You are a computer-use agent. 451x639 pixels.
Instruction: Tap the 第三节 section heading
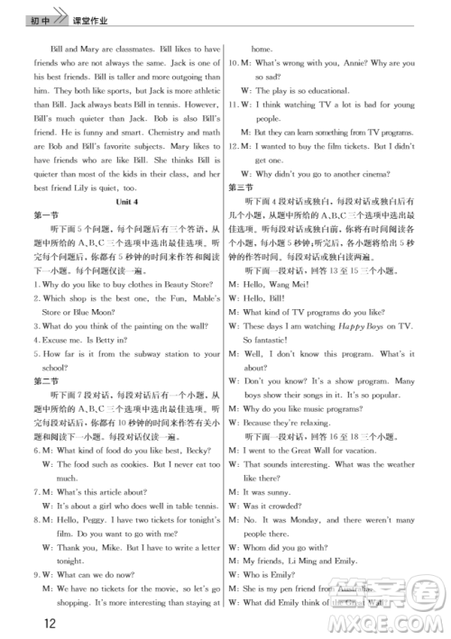[240, 187]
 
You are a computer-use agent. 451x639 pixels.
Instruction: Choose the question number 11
[233, 104]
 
